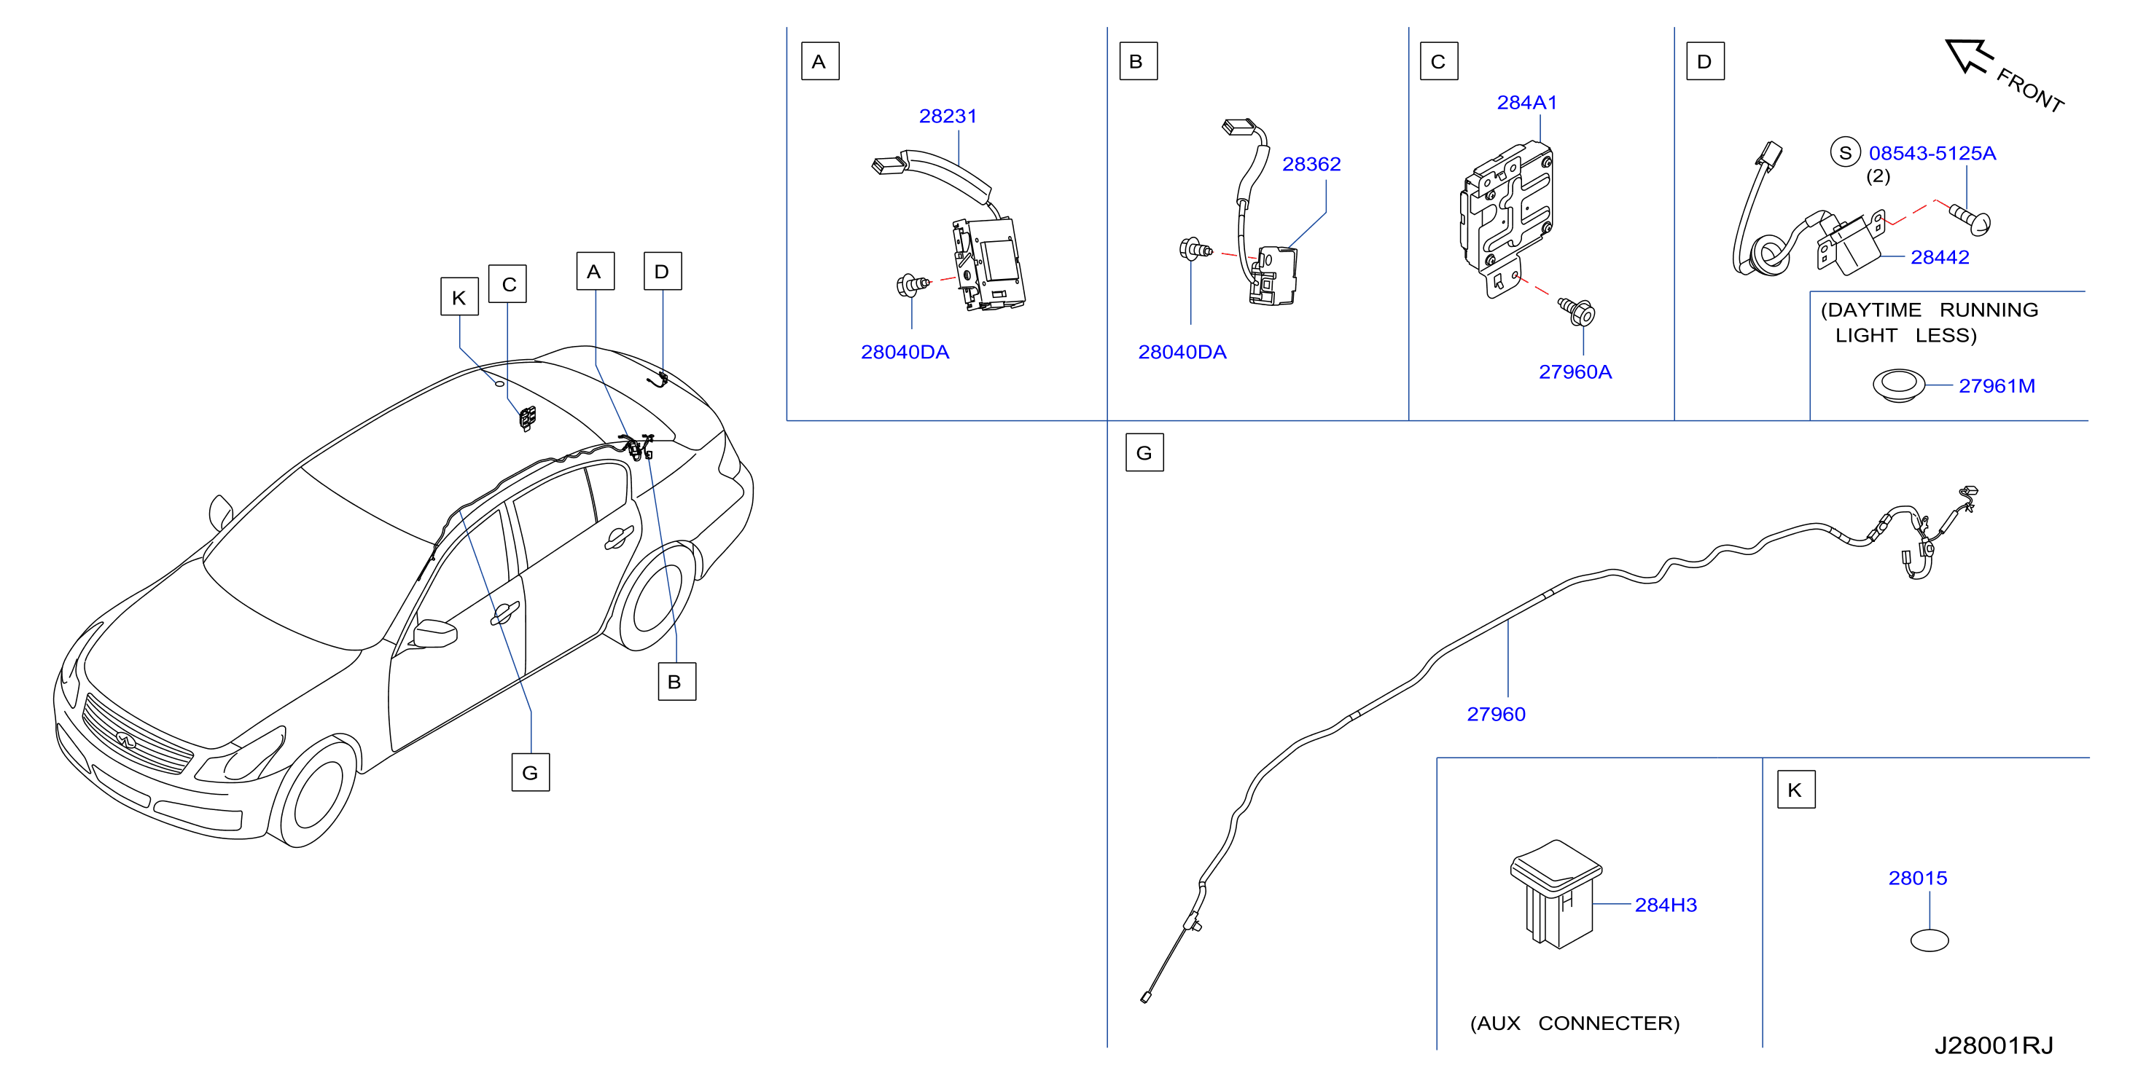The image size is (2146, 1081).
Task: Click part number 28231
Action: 947,116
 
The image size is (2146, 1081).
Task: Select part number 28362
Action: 1311,164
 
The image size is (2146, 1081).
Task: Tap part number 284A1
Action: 1526,103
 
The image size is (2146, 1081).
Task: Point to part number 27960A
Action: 1575,372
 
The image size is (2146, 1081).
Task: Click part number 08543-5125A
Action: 1932,153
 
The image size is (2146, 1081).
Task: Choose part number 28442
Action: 1940,257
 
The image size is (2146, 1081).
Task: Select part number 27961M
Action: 1996,385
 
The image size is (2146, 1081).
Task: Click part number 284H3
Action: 1666,905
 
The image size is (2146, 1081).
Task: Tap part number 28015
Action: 1917,878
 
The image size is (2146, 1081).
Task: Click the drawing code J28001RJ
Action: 1994,1045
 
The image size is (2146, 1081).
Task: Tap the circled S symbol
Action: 1844,152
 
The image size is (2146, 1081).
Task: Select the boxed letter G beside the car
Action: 530,772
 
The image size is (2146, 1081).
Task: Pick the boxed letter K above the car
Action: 459,296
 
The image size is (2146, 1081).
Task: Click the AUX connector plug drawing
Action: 1556,894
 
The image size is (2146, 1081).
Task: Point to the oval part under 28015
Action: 1929,940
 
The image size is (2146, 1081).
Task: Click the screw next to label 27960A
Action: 1576,312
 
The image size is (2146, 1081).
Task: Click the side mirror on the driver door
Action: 435,634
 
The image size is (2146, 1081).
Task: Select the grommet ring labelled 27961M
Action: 1899,385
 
